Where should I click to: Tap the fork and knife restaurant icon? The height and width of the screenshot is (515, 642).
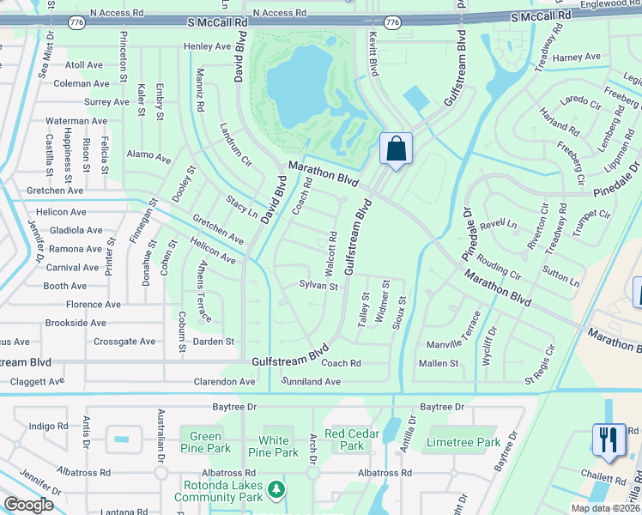coord(607,440)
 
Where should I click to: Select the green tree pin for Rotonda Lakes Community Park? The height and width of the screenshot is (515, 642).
coord(276,489)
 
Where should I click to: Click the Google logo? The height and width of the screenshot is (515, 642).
coord(29,505)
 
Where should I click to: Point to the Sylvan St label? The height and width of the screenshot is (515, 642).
coord(318,285)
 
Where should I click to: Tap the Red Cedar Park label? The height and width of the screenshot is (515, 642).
coord(352,439)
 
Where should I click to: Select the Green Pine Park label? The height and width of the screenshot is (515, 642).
coord(205,442)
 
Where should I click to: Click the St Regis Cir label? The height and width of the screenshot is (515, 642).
coord(547,375)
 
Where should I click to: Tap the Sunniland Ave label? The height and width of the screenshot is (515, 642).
coord(312,381)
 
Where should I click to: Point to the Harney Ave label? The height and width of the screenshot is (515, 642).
coord(577,58)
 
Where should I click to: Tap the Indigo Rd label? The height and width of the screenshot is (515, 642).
coord(47,426)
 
